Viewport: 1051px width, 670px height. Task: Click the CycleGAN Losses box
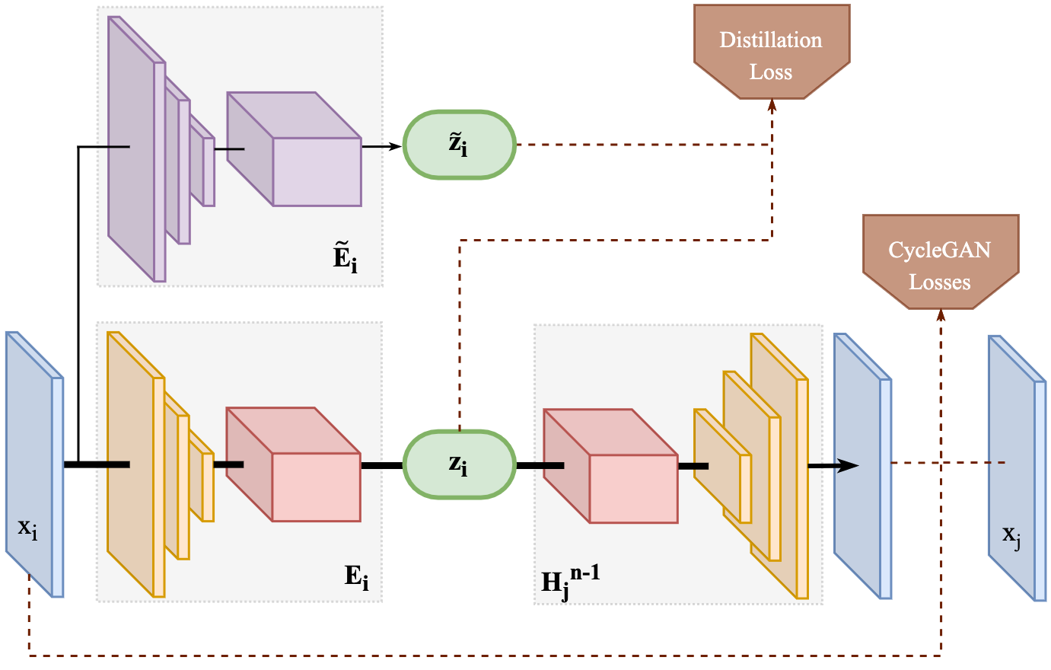940,262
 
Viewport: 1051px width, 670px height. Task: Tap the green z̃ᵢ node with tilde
459,145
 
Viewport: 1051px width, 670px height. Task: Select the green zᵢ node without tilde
459,464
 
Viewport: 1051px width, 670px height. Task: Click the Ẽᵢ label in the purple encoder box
345,257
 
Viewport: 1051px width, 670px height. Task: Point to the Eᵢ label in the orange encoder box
356,576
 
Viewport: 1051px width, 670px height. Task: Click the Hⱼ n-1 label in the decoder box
569,580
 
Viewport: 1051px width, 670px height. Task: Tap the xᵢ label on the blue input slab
28,528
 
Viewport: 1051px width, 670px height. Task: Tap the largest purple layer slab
133,152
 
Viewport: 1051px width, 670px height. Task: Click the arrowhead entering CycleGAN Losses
941,315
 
